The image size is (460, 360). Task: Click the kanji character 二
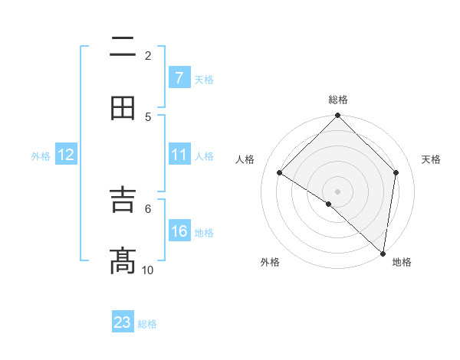[123, 49]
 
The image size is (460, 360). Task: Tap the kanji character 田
[123, 109]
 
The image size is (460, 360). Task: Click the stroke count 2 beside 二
[148, 55]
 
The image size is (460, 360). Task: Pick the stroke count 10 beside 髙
[148, 270]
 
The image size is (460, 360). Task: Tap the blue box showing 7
[179, 77]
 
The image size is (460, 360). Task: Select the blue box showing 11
[179, 155]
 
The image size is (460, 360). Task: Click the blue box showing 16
[179, 231]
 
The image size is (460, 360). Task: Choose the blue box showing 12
[66, 155]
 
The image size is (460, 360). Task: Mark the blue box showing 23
[123, 322]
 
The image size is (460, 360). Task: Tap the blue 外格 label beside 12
[41, 156]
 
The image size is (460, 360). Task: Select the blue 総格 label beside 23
[147, 324]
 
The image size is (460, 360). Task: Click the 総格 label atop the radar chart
[338, 100]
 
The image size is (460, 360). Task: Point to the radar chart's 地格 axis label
[402, 263]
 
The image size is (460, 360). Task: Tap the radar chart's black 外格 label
[270, 263]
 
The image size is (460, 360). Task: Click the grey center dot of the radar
[337, 191]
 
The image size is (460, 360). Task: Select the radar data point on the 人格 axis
[280, 173]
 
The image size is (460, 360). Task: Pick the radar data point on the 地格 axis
[383, 253]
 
